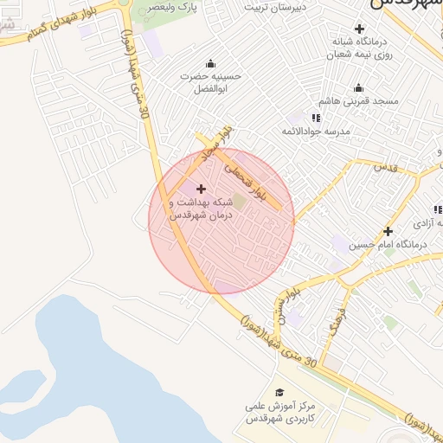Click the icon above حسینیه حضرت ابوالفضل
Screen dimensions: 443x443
(210, 63)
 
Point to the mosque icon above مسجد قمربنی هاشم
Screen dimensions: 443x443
(359, 87)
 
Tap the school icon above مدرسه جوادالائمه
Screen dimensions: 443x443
(316, 118)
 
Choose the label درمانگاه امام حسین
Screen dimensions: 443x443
(388, 245)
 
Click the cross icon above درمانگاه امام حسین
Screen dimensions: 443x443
(388, 231)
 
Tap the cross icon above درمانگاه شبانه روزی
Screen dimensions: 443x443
(360, 29)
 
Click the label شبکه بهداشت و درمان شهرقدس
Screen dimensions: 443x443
(202, 208)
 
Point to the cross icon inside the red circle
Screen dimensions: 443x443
(202, 189)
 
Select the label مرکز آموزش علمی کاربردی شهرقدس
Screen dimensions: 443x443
(279, 412)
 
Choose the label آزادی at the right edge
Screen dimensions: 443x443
(424, 223)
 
